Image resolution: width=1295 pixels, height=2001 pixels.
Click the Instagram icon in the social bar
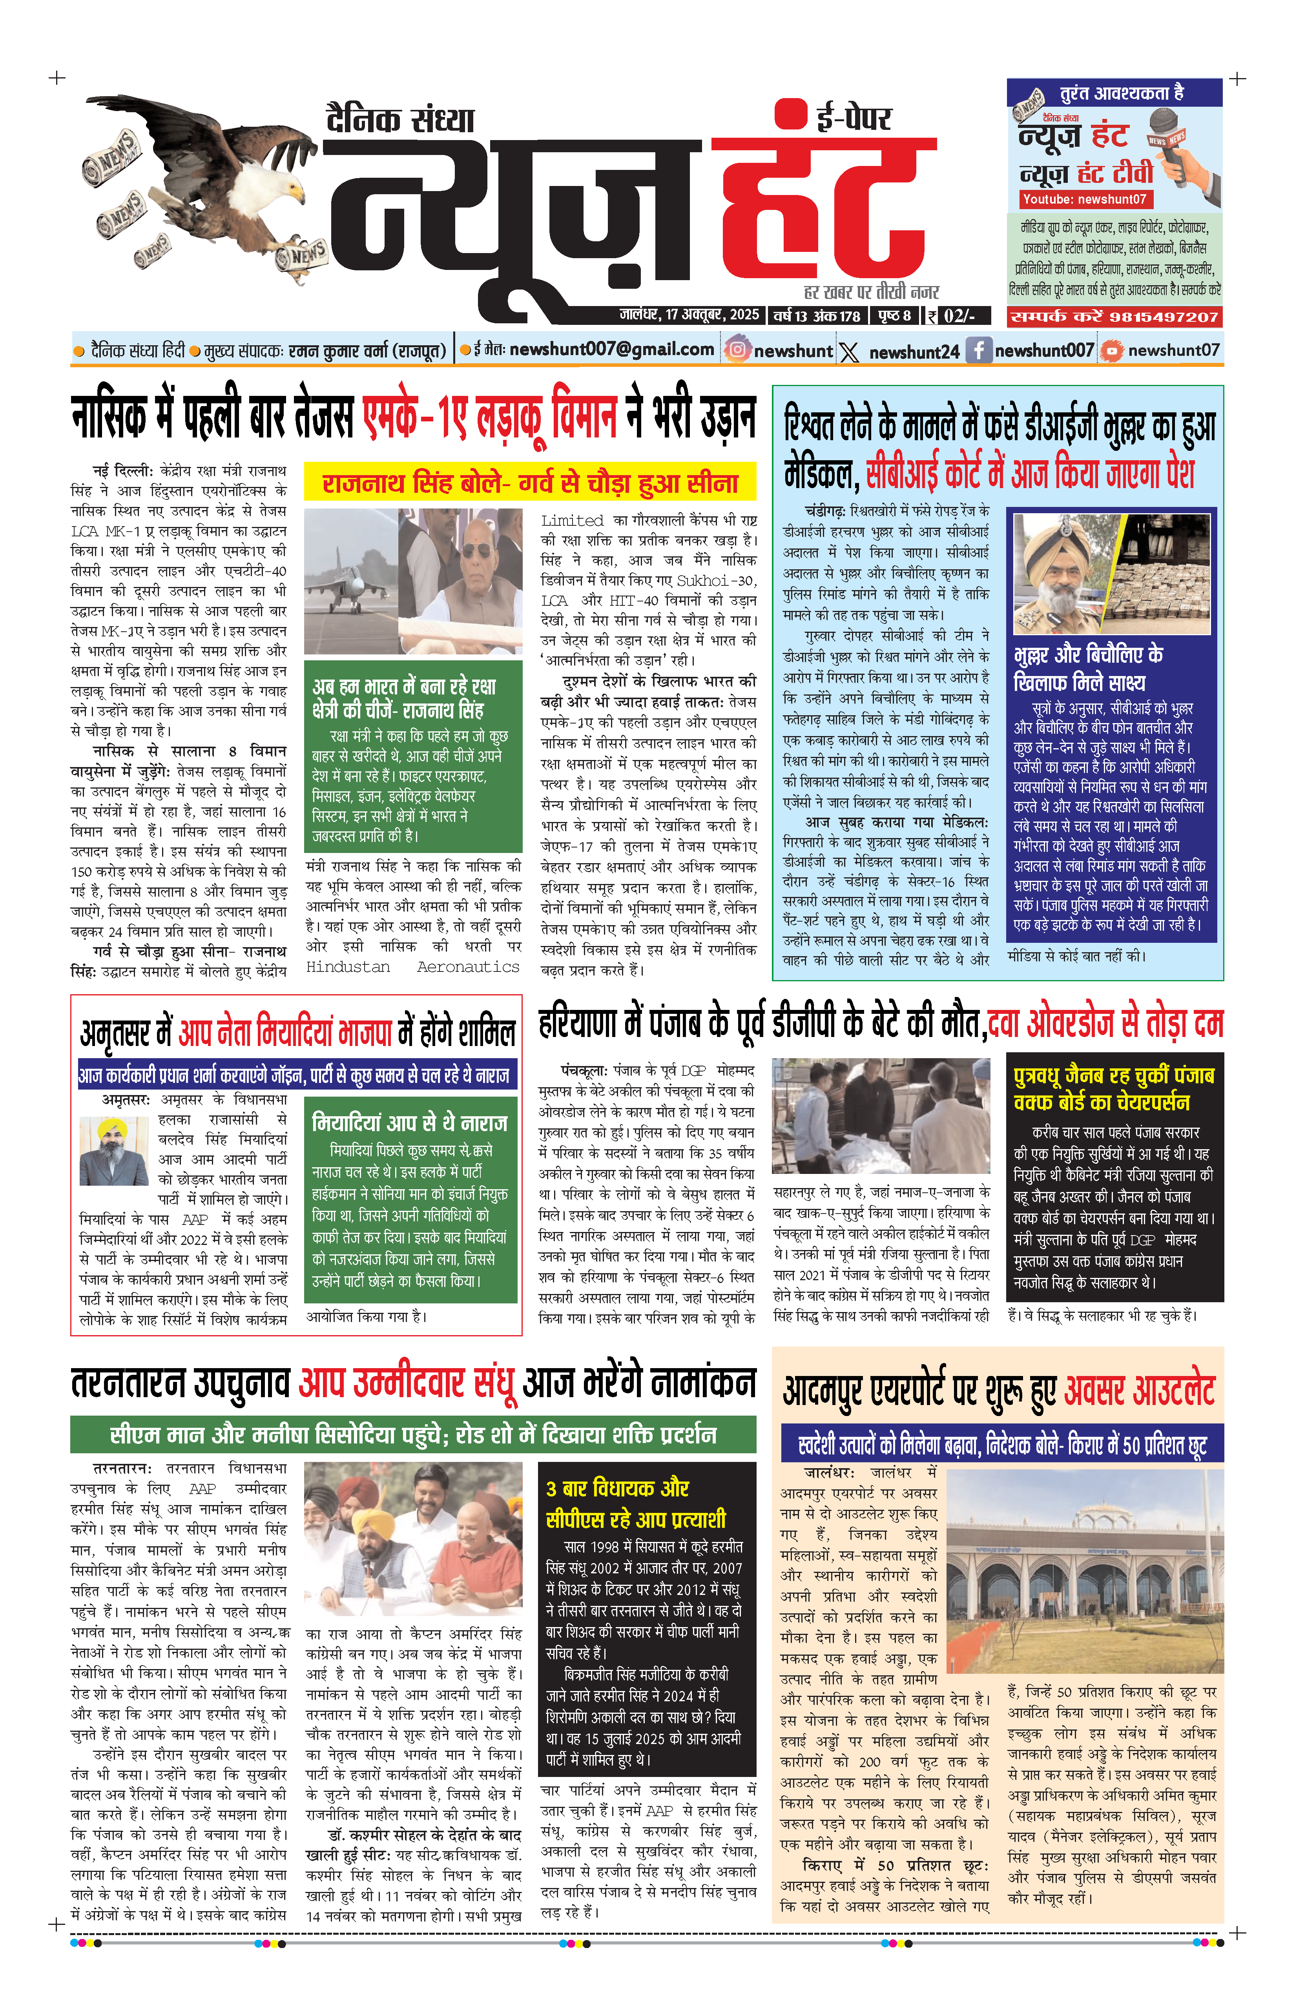click(737, 350)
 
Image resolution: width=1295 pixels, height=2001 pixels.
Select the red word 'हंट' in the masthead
click(824, 206)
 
